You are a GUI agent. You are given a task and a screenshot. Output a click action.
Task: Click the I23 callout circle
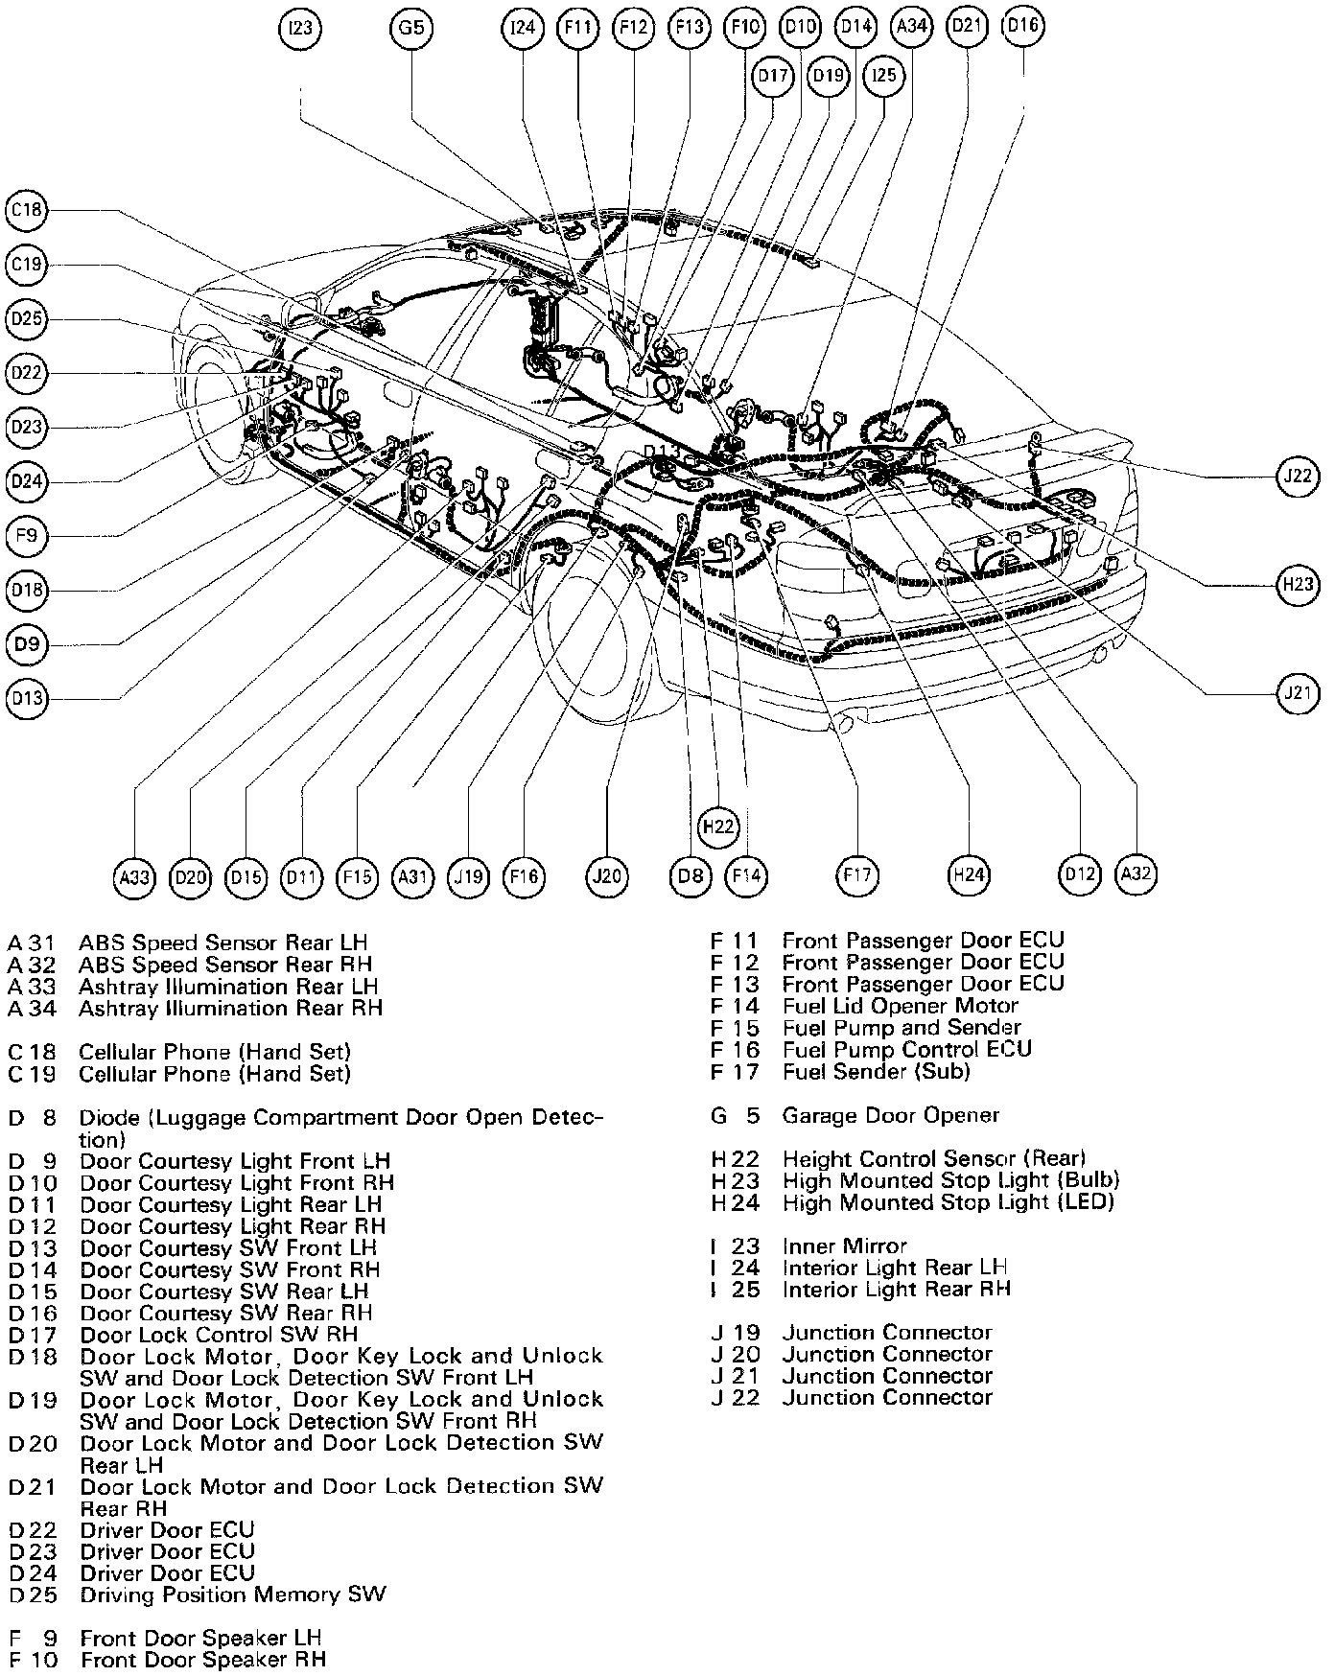[x=301, y=29]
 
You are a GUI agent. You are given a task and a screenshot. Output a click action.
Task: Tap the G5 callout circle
[x=411, y=29]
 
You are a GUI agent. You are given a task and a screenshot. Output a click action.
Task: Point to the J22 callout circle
[x=1299, y=477]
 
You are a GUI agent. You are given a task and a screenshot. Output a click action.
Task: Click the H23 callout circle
[x=1299, y=582]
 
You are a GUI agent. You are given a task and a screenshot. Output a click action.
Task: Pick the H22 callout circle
[x=718, y=826]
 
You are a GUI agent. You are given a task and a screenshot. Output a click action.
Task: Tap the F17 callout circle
[x=858, y=875]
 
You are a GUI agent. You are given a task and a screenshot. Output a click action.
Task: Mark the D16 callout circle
[x=1023, y=26]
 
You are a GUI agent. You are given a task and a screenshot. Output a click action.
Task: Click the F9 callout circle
[x=26, y=536]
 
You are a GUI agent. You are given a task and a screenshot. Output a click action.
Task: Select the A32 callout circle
[x=1136, y=873]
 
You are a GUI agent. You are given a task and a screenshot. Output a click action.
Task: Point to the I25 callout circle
[x=883, y=75]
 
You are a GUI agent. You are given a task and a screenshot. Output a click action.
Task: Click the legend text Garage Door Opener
[x=890, y=1115]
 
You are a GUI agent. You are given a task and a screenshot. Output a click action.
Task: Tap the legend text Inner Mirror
[x=844, y=1245]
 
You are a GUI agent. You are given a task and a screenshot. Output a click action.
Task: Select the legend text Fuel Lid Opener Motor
[x=900, y=1006]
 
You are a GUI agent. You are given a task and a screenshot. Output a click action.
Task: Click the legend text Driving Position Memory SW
[x=233, y=1595]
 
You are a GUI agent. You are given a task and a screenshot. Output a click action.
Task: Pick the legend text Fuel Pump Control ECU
[x=906, y=1049]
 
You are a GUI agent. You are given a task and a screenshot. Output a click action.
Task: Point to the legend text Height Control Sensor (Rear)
[x=933, y=1158]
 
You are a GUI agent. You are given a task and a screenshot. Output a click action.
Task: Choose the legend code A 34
[x=33, y=1008]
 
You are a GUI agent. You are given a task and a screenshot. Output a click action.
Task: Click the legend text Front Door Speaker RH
[x=203, y=1659]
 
